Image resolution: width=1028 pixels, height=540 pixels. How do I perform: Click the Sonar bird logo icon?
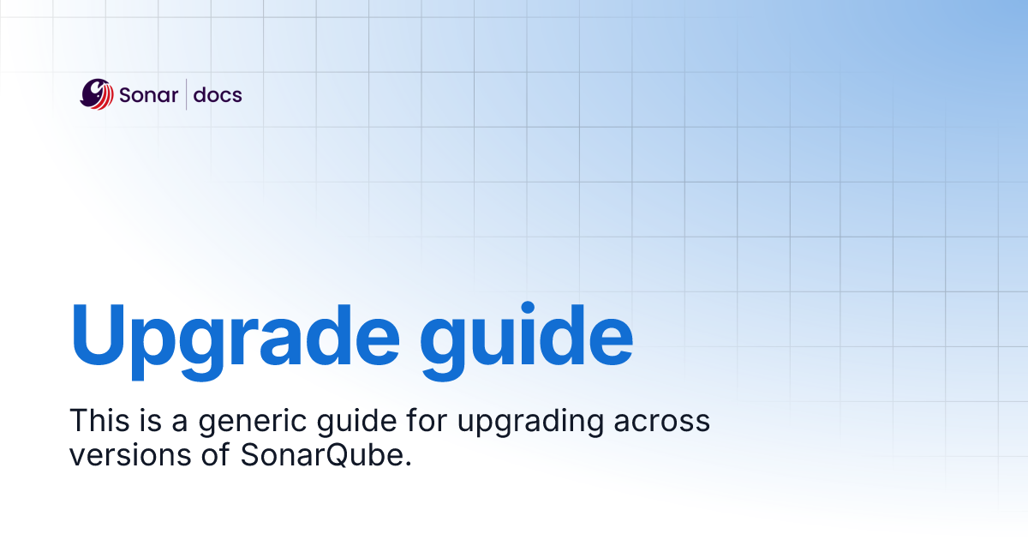[x=97, y=94]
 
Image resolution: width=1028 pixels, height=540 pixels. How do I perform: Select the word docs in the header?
[x=218, y=95]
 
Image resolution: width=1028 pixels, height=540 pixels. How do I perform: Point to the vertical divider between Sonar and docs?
[x=187, y=94]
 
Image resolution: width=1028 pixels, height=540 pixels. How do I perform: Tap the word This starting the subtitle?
[x=94, y=421]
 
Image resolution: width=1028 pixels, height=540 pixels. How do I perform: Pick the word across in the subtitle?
[x=667, y=423]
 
